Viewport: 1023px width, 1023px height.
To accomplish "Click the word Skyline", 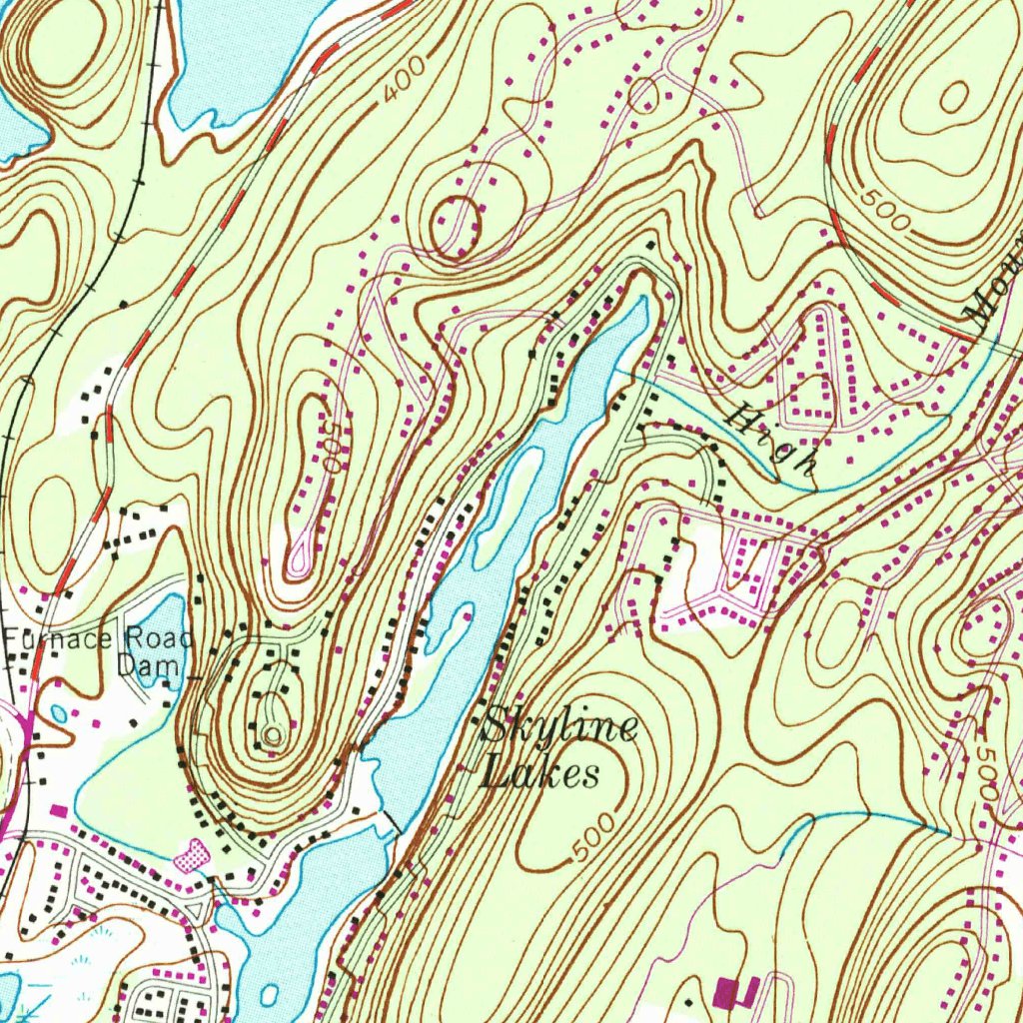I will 558,729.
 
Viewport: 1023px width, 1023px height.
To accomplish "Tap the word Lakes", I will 540,773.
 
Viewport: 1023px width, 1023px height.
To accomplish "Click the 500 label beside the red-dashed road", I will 883,211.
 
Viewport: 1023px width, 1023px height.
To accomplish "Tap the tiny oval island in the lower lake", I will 271,995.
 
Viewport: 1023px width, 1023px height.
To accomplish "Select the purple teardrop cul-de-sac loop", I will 299,564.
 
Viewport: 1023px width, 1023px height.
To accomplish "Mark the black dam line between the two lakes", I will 391,821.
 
